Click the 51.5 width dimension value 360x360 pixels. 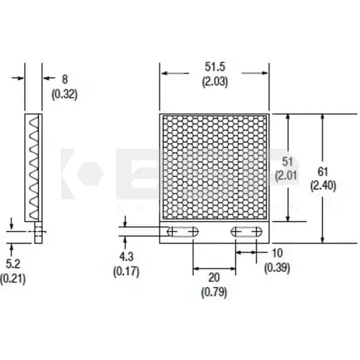click(215, 67)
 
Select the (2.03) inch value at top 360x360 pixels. click(215, 81)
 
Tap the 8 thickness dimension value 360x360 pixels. click(64, 79)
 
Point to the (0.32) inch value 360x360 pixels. click(64, 94)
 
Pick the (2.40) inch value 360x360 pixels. click(323, 186)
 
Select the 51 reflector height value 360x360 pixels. click(286, 161)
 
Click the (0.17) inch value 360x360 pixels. click(126, 272)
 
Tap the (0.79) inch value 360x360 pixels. click(214, 292)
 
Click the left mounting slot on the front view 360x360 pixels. click(182, 232)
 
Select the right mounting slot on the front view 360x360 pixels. click(246, 232)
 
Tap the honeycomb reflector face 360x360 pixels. click(214, 167)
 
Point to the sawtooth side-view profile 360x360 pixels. click(34, 167)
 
